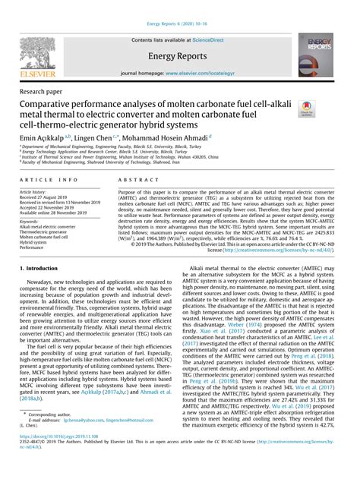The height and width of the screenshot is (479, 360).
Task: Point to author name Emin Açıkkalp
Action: pyautogui.click(x=43, y=139)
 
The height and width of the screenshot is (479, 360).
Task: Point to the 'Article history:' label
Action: pyautogui.click(x=32, y=193)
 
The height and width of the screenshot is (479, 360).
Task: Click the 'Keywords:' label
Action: pyautogui.click(x=30, y=221)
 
